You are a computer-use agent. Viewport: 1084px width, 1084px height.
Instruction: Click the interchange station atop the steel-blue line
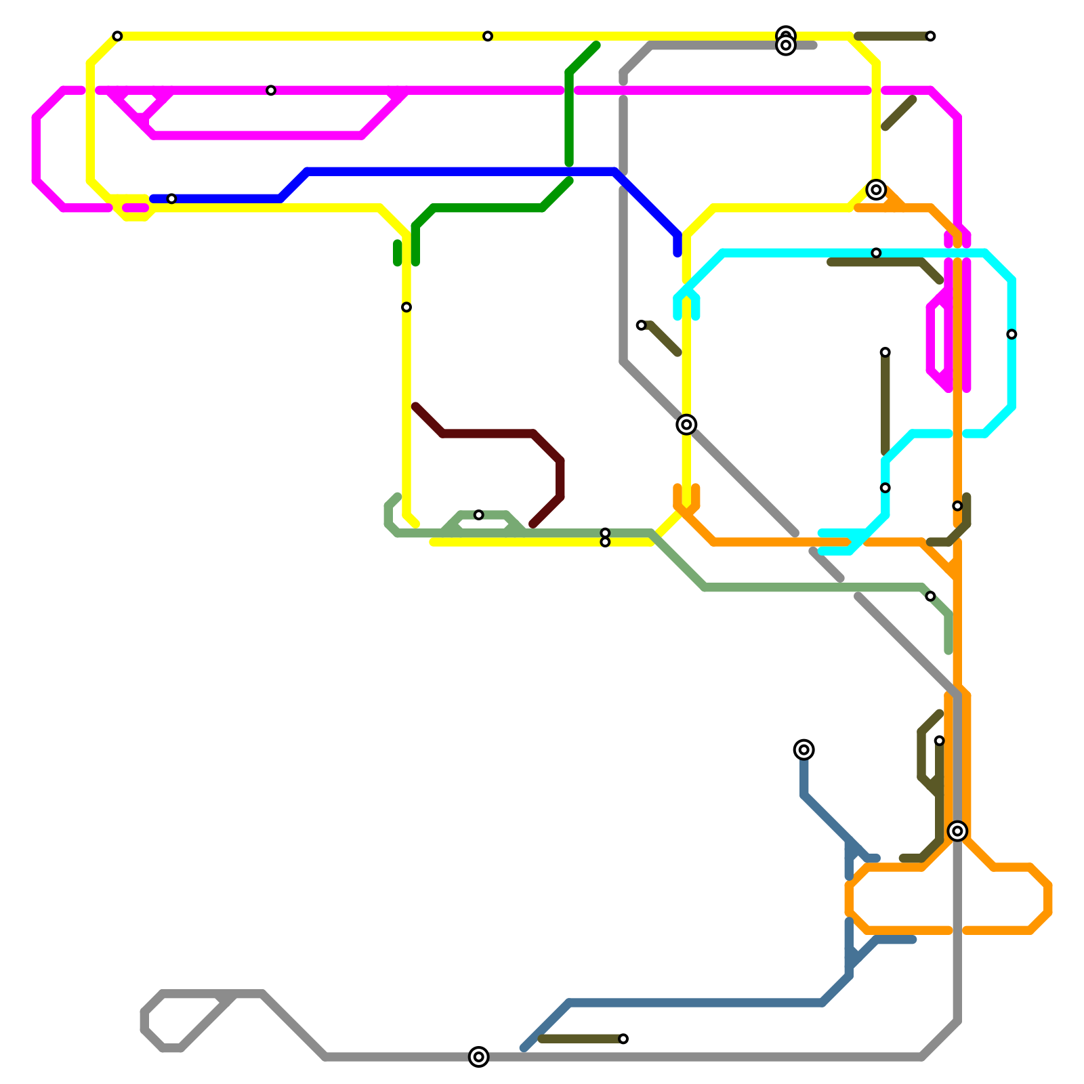point(804,749)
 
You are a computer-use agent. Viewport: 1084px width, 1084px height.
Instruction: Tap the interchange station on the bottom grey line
point(478,1056)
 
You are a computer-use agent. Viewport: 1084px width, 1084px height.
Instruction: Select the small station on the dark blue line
point(171,199)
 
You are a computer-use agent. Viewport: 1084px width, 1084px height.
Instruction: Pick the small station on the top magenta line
point(271,90)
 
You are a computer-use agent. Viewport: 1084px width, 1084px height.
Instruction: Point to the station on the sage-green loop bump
point(478,515)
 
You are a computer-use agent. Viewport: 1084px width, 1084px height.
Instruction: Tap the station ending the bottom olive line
point(623,1039)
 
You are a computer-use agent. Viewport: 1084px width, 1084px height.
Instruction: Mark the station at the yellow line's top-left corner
point(117,36)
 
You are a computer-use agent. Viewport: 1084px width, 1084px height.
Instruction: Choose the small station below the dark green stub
point(406,307)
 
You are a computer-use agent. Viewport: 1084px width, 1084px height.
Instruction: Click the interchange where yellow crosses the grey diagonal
point(686,424)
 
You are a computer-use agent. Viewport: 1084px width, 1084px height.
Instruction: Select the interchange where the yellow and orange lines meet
point(876,190)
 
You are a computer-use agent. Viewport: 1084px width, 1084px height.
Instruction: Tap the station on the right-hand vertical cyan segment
point(1012,334)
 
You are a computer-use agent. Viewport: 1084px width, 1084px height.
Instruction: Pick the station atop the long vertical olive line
point(885,352)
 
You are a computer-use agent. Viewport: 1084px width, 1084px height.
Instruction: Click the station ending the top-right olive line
point(930,36)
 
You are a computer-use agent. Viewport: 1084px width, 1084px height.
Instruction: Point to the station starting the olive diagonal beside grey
point(641,325)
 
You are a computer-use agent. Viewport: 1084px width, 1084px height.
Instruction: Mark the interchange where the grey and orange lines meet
point(957,831)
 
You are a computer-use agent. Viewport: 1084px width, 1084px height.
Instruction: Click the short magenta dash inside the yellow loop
point(135,208)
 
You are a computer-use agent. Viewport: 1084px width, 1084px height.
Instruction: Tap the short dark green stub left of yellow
point(398,253)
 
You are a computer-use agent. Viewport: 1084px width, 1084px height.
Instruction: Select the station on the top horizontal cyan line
point(876,253)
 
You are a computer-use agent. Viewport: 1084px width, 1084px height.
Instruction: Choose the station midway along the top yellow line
point(488,36)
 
